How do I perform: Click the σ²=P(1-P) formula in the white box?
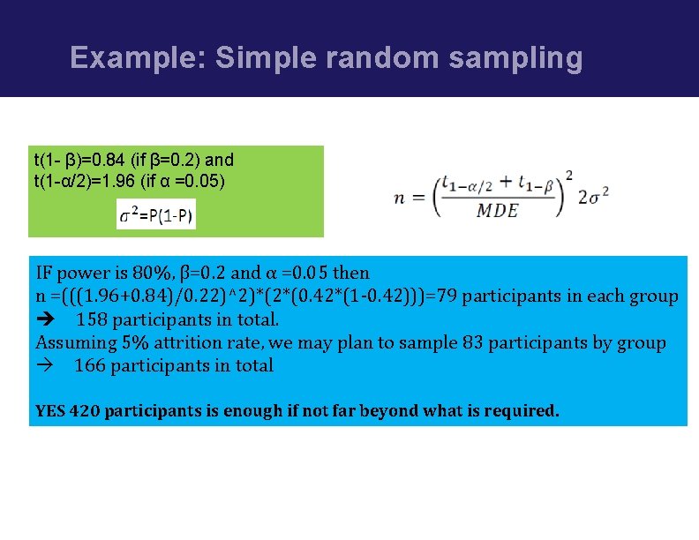[x=156, y=214]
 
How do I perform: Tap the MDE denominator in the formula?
[x=497, y=210]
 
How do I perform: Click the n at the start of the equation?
[x=400, y=197]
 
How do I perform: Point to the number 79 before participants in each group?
[x=449, y=296]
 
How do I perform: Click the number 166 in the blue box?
[x=89, y=365]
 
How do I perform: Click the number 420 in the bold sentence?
[x=84, y=411]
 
